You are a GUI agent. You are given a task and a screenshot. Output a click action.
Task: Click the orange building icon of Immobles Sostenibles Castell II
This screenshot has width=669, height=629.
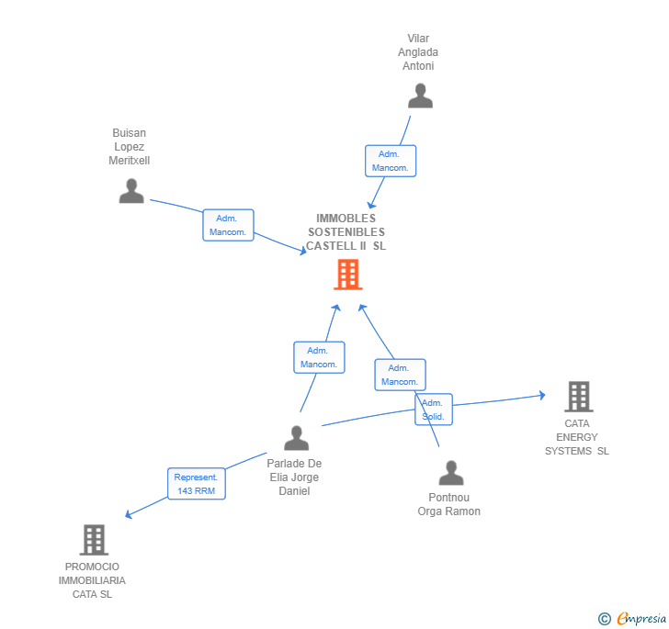[x=347, y=274]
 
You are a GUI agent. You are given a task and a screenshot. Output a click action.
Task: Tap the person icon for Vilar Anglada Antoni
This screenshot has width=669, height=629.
[x=420, y=96]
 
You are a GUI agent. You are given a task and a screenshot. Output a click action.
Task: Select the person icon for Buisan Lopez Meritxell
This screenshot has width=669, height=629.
[x=131, y=191]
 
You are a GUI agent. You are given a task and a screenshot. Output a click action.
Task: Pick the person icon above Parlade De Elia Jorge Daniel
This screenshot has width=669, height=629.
[x=296, y=438]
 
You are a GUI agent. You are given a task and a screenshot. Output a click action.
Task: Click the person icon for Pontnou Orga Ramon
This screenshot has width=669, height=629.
[x=451, y=473]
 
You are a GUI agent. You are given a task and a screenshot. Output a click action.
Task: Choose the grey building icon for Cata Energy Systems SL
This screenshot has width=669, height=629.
[x=578, y=397]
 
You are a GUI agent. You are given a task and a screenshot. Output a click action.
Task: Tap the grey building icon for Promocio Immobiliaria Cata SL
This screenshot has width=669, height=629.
[x=94, y=540]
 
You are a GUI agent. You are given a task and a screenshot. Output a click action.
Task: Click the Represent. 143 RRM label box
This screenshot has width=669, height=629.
[x=196, y=484]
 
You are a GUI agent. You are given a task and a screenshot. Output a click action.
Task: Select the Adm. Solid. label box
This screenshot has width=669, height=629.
[x=433, y=410]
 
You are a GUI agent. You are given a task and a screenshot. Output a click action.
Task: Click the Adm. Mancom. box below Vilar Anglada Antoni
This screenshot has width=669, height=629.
[x=391, y=161]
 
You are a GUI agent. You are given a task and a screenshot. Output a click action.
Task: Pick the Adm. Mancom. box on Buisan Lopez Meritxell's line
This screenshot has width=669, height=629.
[x=228, y=225]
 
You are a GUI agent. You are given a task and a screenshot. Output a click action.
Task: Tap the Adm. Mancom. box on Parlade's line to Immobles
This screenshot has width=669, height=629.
[x=319, y=357]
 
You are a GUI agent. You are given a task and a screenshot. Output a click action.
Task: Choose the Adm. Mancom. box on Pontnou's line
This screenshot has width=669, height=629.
[x=400, y=375]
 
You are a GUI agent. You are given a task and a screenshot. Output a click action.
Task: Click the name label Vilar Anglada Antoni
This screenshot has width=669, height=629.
[x=418, y=52]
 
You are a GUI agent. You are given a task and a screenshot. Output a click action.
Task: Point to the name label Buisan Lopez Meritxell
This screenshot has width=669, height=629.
[x=130, y=147]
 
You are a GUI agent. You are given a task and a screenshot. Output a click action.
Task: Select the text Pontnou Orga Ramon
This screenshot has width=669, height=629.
[x=448, y=504]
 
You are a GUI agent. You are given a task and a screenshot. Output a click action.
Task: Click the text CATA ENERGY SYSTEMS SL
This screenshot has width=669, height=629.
[x=577, y=437]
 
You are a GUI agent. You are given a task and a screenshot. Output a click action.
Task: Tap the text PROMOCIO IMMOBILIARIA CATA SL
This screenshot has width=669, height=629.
[x=92, y=580]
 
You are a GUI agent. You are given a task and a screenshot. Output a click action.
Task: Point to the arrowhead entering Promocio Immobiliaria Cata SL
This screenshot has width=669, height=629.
[x=129, y=516]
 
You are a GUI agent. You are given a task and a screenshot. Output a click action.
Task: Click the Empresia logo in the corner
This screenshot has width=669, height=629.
[x=633, y=618]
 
